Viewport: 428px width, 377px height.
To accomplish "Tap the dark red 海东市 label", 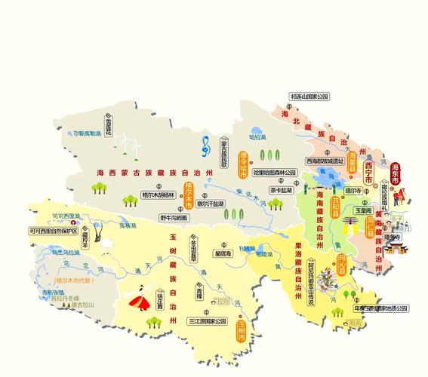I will coord(396,174).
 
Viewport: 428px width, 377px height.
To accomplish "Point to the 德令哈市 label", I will coord(243,164).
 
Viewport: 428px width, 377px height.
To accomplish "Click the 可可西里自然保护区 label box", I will coord(54,231).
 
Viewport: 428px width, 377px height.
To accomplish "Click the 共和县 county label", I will coord(334,183).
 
